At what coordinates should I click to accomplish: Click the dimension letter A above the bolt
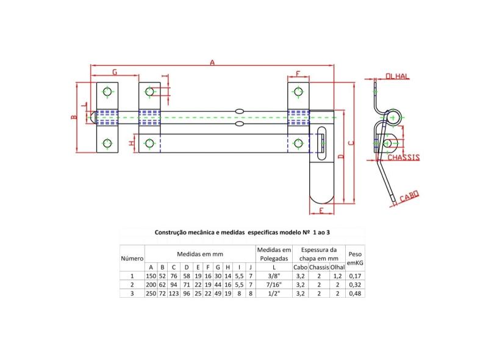pos(212,62)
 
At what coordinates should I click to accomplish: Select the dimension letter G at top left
pos(114,73)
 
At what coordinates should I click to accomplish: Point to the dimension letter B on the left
pos(73,117)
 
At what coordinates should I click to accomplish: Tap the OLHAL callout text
pos(398,76)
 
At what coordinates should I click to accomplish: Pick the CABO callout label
pos(409,196)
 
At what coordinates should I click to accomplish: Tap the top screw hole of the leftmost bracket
pos(107,92)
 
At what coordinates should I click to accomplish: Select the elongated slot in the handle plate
pos(322,142)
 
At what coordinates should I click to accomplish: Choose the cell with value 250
pos(151,293)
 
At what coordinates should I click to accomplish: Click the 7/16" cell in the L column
pos(273,284)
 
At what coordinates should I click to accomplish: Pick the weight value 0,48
pos(354,293)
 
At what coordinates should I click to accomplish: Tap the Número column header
pos(132,258)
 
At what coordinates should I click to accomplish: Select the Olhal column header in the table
pos(338,267)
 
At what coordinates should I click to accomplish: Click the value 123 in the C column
pos(174,293)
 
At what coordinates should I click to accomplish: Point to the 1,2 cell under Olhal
pos(338,276)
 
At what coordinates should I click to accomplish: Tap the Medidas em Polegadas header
pos(273,254)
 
